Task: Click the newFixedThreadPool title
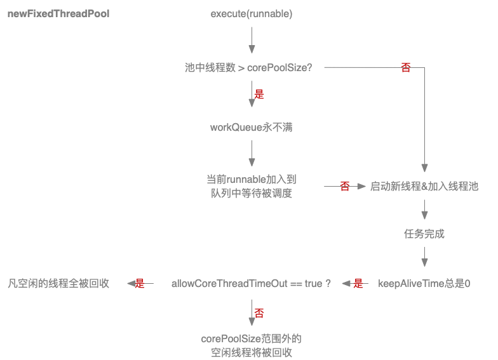[58, 13]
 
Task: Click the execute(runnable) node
[252, 13]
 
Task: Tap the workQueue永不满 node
[252, 127]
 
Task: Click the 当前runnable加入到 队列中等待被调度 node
[252, 187]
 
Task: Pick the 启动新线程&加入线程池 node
[424, 187]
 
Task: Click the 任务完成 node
[424, 234]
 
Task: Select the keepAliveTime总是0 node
[424, 283]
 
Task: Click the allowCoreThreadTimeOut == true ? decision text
[252, 283]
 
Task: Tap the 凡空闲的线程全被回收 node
[58, 283]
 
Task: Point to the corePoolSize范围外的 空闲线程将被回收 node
[252, 345]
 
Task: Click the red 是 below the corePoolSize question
[259, 95]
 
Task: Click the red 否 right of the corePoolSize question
[406, 67]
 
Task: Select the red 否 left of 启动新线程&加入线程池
[345, 187]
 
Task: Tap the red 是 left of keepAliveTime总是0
[358, 284]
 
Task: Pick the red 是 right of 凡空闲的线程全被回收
[140, 284]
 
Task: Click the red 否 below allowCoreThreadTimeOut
[259, 313]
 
